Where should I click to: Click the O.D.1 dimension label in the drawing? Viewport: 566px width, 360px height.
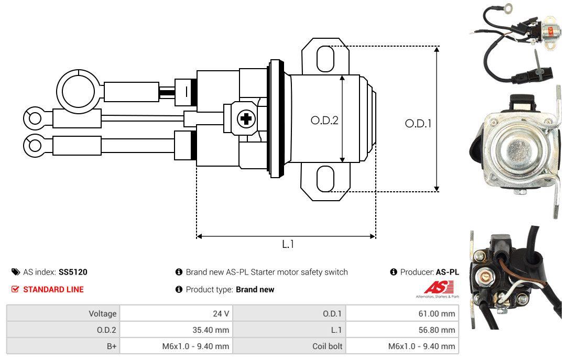pos(418,124)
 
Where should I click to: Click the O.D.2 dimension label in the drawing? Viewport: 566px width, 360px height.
pos(324,120)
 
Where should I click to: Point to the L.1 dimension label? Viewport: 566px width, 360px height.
pos(288,244)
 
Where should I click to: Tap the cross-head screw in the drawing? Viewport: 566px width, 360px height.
pos(245,119)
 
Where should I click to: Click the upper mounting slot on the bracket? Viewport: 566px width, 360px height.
pos(325,58)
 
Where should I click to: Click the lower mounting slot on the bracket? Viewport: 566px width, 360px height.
pos(325,179)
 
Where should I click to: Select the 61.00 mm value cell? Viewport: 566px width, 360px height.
pos(401,313)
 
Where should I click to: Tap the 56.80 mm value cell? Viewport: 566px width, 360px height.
pos(401,330)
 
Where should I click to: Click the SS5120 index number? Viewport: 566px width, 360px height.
pos(73,272)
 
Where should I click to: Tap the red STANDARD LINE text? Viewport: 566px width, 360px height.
pos(53,289)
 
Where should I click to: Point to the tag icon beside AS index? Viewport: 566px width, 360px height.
pos(16,272)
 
